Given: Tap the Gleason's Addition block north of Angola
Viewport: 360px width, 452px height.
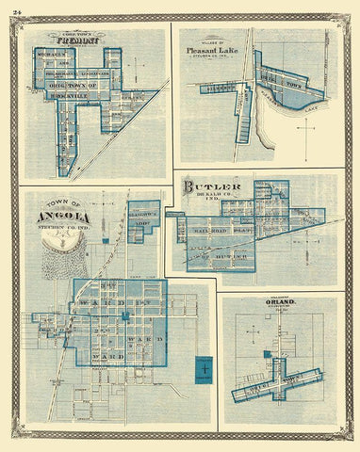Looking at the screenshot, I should point(143,216).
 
